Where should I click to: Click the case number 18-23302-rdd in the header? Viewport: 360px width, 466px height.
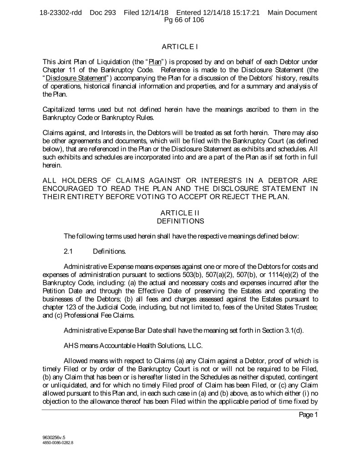[61, 12]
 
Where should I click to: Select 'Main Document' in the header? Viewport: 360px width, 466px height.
[292, 12]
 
